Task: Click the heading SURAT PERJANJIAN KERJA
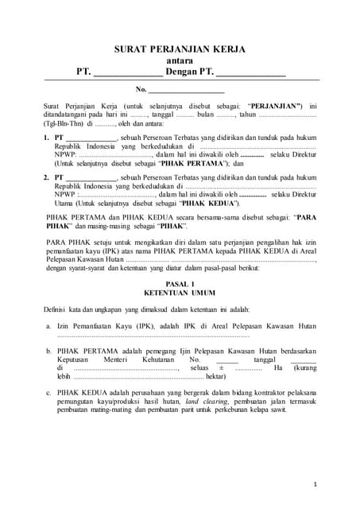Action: tap(180, 49)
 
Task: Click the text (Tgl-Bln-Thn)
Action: tap(63, 124)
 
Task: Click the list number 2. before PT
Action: tap(46, 177)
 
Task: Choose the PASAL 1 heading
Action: tap(180, 284)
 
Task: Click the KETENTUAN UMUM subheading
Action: tap(180, 293)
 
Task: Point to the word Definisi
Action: tap(57, 309)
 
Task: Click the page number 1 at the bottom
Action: tap(315, 484)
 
